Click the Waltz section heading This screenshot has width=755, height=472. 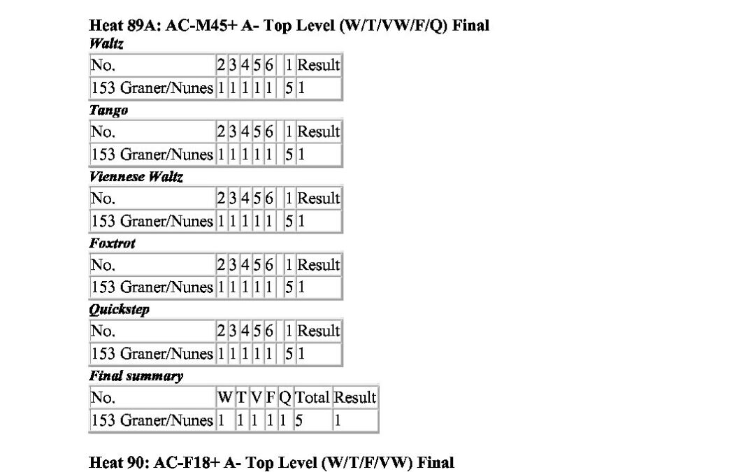[x=106, y=44]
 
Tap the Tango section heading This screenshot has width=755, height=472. [x=109, y=110]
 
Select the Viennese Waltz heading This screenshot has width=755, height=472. [x=136, y=177]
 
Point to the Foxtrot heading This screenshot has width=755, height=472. [x=112, y=243]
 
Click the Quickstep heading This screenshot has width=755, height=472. [x=120, y=310]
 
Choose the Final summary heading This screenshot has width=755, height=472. [x=136, y=376]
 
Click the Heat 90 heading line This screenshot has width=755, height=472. [x=271, y=462]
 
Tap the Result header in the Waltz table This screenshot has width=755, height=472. [x=318, y=65]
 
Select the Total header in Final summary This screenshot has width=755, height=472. [x=312, y=397]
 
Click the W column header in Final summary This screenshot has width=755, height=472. [x=225, y=397]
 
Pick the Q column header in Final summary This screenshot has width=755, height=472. [x=285, y=398]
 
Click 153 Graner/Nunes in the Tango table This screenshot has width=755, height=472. [x=152, y=155]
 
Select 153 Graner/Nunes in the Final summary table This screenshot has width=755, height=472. [x=152, y=420]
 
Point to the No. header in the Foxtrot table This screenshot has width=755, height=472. [x=103, y=264]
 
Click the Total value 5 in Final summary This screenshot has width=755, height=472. [x=299, y=420]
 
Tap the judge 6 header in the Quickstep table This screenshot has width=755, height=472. [x=269, y=331]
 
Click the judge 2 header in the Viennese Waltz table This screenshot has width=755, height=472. [x=221, y=198]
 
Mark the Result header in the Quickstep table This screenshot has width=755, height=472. [x=318, y=331]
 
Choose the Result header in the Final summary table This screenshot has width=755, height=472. [x=355, y=397]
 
